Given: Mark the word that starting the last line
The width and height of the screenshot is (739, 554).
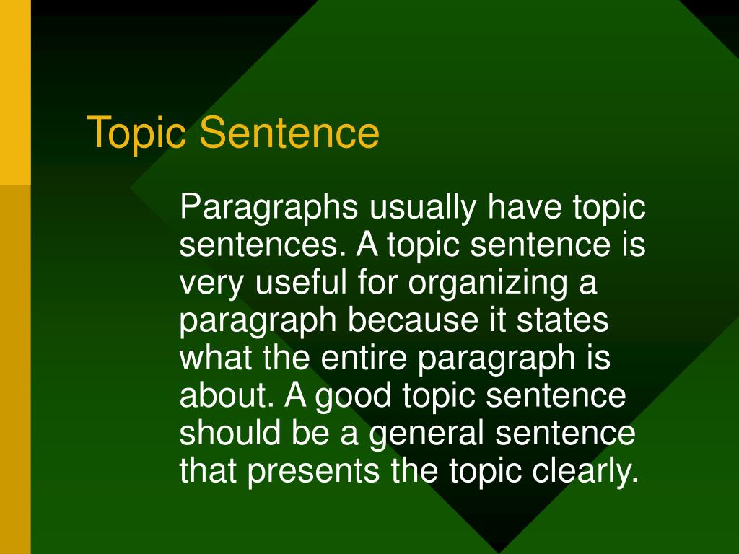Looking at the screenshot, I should point(209,471).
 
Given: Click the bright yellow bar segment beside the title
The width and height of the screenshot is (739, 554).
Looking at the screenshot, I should point(15,92).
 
